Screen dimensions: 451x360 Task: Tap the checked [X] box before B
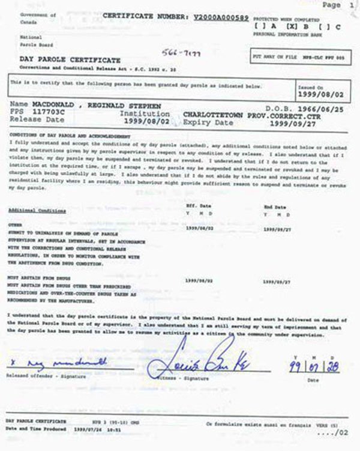(x=292, y=26)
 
